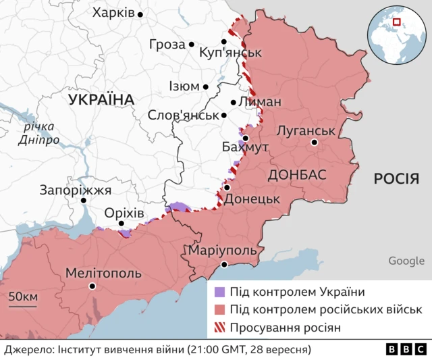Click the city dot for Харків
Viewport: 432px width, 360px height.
pos(140,14)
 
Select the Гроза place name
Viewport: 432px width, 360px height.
pos(166,45)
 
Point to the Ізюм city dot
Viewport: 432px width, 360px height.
pos(206,86)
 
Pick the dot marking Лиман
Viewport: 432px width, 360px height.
pos(234,103)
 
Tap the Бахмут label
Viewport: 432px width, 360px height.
pos(245,147)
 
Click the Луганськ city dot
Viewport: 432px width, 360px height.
pos(315,143)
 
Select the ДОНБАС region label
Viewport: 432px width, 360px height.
pos(297,175)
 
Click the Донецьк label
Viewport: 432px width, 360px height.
pos(252,200)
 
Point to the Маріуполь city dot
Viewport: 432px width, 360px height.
pos(225,265)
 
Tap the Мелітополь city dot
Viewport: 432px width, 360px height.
pos(92,286)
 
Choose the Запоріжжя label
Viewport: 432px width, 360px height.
pos(75,190)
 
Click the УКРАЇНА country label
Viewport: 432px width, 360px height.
pos(101,100)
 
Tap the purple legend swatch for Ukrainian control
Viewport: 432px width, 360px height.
pos(219,292)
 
